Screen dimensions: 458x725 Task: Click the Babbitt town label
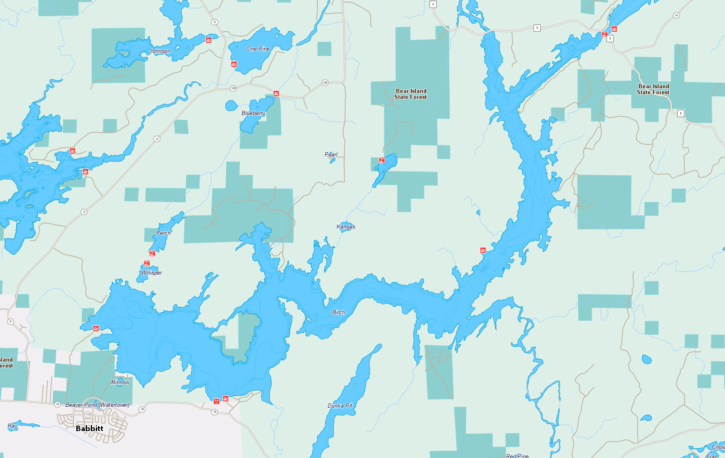coord(90,429)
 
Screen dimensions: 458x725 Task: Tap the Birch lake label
coord(338,313)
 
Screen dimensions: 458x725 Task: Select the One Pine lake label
coord(258,49)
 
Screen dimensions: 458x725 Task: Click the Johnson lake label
coord(160,51)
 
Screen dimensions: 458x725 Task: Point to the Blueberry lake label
coord(253,113)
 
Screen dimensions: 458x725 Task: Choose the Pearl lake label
coord(331,155)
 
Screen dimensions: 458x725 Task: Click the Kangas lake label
coord(346,227)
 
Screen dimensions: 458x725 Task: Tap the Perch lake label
coord(163,233)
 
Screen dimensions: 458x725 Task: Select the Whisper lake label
coord(152,273)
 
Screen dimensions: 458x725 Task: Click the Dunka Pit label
coord(340,406)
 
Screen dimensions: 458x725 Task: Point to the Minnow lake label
coord(120,383)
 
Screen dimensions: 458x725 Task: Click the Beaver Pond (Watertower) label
coord(97,405)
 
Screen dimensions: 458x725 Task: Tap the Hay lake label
coord(12,426)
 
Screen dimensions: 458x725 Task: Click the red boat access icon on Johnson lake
coord(209,40)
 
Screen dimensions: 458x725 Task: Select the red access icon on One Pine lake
coord(234,64)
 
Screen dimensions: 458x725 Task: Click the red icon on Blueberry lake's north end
coord(276,93)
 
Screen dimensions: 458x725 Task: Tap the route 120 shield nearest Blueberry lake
coord(233,88)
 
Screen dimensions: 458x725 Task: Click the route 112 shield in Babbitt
coord(88,415)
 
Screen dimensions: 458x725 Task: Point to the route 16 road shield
coord(676,15)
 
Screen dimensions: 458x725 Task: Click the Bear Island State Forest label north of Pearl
coord(411,94)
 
